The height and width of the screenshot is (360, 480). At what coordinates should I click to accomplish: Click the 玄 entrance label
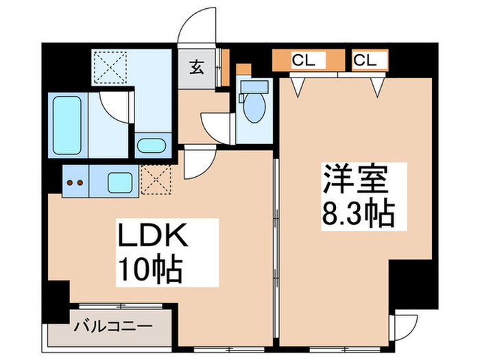pyautogui.click(x=197, y=67)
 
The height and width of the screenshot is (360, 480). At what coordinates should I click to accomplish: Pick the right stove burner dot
pyautogui.click(x=80, y=183)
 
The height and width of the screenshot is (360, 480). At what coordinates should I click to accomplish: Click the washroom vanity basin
pyautogui.click(x=149, y=146)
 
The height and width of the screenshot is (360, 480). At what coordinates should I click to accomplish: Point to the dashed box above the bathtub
pyautogui.click(x=110, y=67)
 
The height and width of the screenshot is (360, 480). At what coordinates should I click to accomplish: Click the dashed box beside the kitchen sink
pyautogui.click(x=156, y=181)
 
